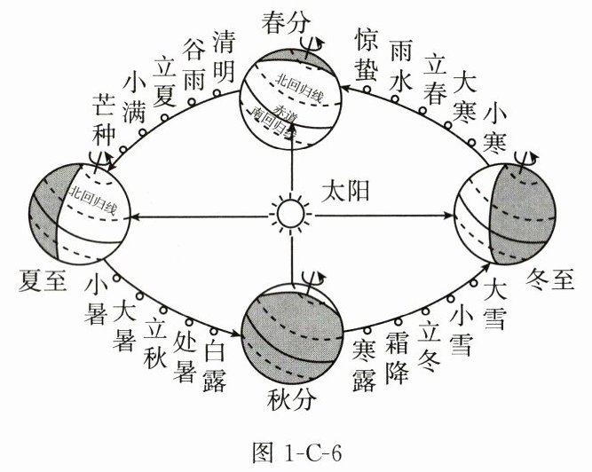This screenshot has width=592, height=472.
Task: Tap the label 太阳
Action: click(x=346, y=189)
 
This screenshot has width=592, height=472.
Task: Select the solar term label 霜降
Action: click(x=396, y=359)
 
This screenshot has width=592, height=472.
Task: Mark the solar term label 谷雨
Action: click(x=194, y=64)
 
